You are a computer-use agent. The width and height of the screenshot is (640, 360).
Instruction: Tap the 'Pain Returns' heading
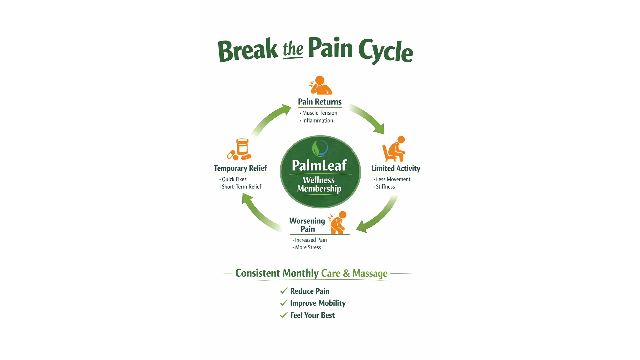pyautogui.click(x=320, y=102)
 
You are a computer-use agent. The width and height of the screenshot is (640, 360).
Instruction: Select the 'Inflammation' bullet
pyautogui.click(x=317, y=121)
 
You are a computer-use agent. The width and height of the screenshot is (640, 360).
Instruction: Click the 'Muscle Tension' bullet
pyautogui.click(x=319, y=113)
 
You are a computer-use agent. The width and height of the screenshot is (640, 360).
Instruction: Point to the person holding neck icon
pyautogui.click(x=320, y=85)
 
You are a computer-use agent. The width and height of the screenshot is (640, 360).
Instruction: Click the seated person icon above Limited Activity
pyautogui.click(x=394, y=149)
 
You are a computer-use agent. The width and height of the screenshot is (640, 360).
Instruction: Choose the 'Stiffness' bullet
pyautogui.click(x=385, y=187)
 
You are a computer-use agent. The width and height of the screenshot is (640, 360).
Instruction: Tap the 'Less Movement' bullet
pyautogui.click(x=393, y=179)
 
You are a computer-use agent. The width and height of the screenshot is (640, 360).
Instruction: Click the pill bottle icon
pyautogui.click(x=242, y=147)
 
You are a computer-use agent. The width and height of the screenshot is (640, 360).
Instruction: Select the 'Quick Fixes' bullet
pyautogui.click(x=234, y=179)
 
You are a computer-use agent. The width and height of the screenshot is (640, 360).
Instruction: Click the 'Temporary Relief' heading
pyautogui.click(x=240, y=168)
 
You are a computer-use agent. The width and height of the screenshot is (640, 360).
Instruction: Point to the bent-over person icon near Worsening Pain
pyautogui.click(x=338, y=223)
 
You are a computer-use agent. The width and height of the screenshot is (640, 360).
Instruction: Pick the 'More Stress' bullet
pyautogui.click(x=308, y=247)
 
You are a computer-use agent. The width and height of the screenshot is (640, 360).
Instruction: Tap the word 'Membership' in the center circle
pyautogui.click(x=319, y=189)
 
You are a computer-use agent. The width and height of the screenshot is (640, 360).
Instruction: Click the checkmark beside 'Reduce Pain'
pyautogui.click(x=284, y=291)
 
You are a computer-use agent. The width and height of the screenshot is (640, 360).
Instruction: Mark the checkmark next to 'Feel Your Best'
pyautogui.click(x=284, y=315)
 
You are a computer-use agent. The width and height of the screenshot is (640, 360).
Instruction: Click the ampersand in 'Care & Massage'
pyautogui.click(x=346, y=274)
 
